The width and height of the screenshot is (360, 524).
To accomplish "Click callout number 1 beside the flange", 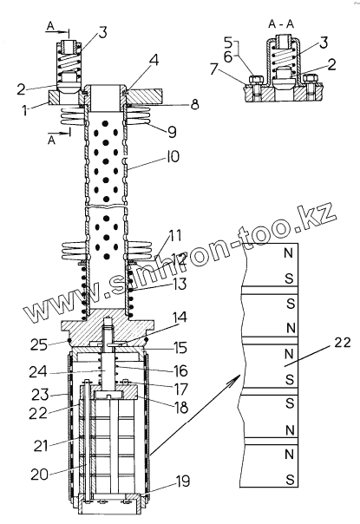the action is coord(25,110).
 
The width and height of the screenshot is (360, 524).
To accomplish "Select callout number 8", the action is coord(193,104).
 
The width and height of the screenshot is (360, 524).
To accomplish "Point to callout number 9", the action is coord(172,132).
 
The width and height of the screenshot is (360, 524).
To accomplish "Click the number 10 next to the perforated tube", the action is coord(173,157).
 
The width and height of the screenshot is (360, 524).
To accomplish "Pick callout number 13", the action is coord(180,285).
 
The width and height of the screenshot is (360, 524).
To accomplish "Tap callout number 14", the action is coord(180,318).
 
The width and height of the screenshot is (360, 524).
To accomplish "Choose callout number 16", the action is coord(180,370).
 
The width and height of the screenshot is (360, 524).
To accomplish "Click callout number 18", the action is coord(181,408).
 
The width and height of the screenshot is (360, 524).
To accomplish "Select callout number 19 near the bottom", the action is coord(182,481).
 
